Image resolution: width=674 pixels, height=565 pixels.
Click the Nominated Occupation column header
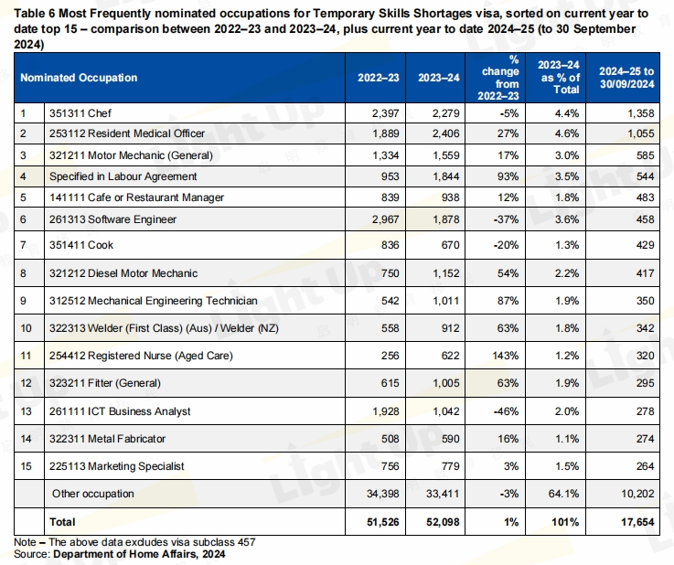pyautogui.click(x=79, y=78)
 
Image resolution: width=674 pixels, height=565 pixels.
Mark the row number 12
pyautogui.click(x=27, y=383)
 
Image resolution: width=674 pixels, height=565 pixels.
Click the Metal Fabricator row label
pyautogui.click(x=101, y=439)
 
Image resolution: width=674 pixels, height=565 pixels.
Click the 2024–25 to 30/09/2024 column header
pyautogui.click(x=626, y=78)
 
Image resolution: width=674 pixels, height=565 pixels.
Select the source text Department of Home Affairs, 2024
pyautogui.click(x=139, y=553)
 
